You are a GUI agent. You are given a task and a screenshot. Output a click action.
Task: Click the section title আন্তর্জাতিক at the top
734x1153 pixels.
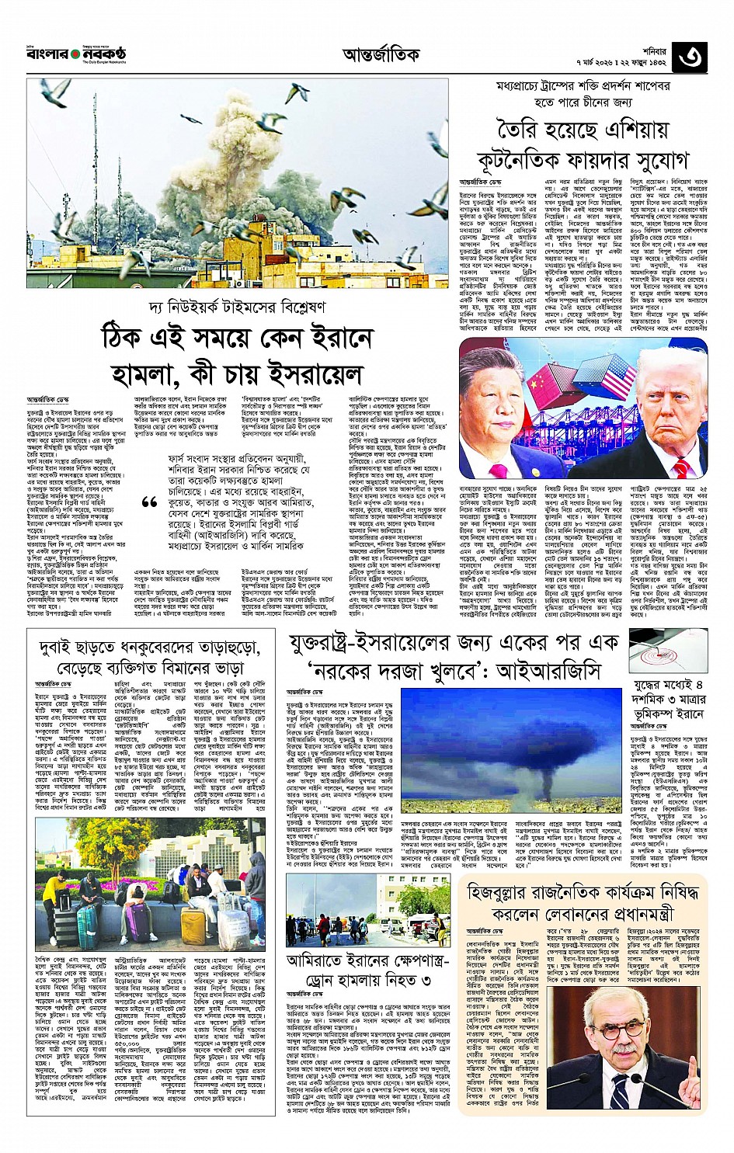(x=381, y=54)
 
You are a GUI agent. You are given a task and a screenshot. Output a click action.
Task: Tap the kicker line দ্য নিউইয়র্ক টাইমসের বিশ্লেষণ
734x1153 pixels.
(x=238, y=307)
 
